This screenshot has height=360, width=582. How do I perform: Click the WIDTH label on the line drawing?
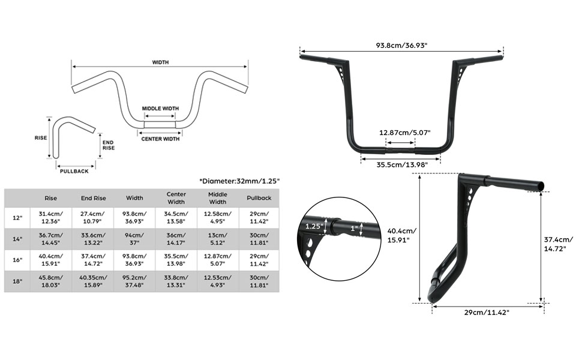(x=160, y=62)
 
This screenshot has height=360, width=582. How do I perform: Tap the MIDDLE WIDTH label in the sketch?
(x=160, y=109)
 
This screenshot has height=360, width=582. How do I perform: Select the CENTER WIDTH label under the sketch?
(x=160, y=139)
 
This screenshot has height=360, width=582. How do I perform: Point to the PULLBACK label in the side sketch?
(x=75, y=171)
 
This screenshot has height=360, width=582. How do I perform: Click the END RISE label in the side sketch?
(x=109, y=145)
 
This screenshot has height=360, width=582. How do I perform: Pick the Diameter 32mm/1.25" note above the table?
(x=239, y=181)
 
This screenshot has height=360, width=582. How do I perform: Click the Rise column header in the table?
(x=51, y=198)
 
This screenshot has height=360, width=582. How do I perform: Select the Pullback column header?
(x=259, y=198)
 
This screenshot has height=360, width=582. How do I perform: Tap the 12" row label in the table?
(x=18, y=218)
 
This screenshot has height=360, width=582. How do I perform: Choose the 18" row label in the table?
(x=18, y=281)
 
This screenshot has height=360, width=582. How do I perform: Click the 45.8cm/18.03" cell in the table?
(x=51, y=281)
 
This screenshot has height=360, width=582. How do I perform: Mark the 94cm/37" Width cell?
(x=134, y=239)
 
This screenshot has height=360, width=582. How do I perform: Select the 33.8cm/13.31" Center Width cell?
(x=176, y=281)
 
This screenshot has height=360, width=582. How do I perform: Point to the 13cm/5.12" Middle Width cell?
(x=218, y=239)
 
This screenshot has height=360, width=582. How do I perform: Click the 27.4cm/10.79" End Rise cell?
(x=93, y=218)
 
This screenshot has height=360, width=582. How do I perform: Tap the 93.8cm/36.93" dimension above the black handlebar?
(x=401, y=46)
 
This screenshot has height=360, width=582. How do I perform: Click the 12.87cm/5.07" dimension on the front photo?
(x=404, y=133)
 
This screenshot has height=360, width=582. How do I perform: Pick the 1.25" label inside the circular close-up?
(x=314, y=227)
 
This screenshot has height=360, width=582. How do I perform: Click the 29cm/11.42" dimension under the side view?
(x=486, y=313)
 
